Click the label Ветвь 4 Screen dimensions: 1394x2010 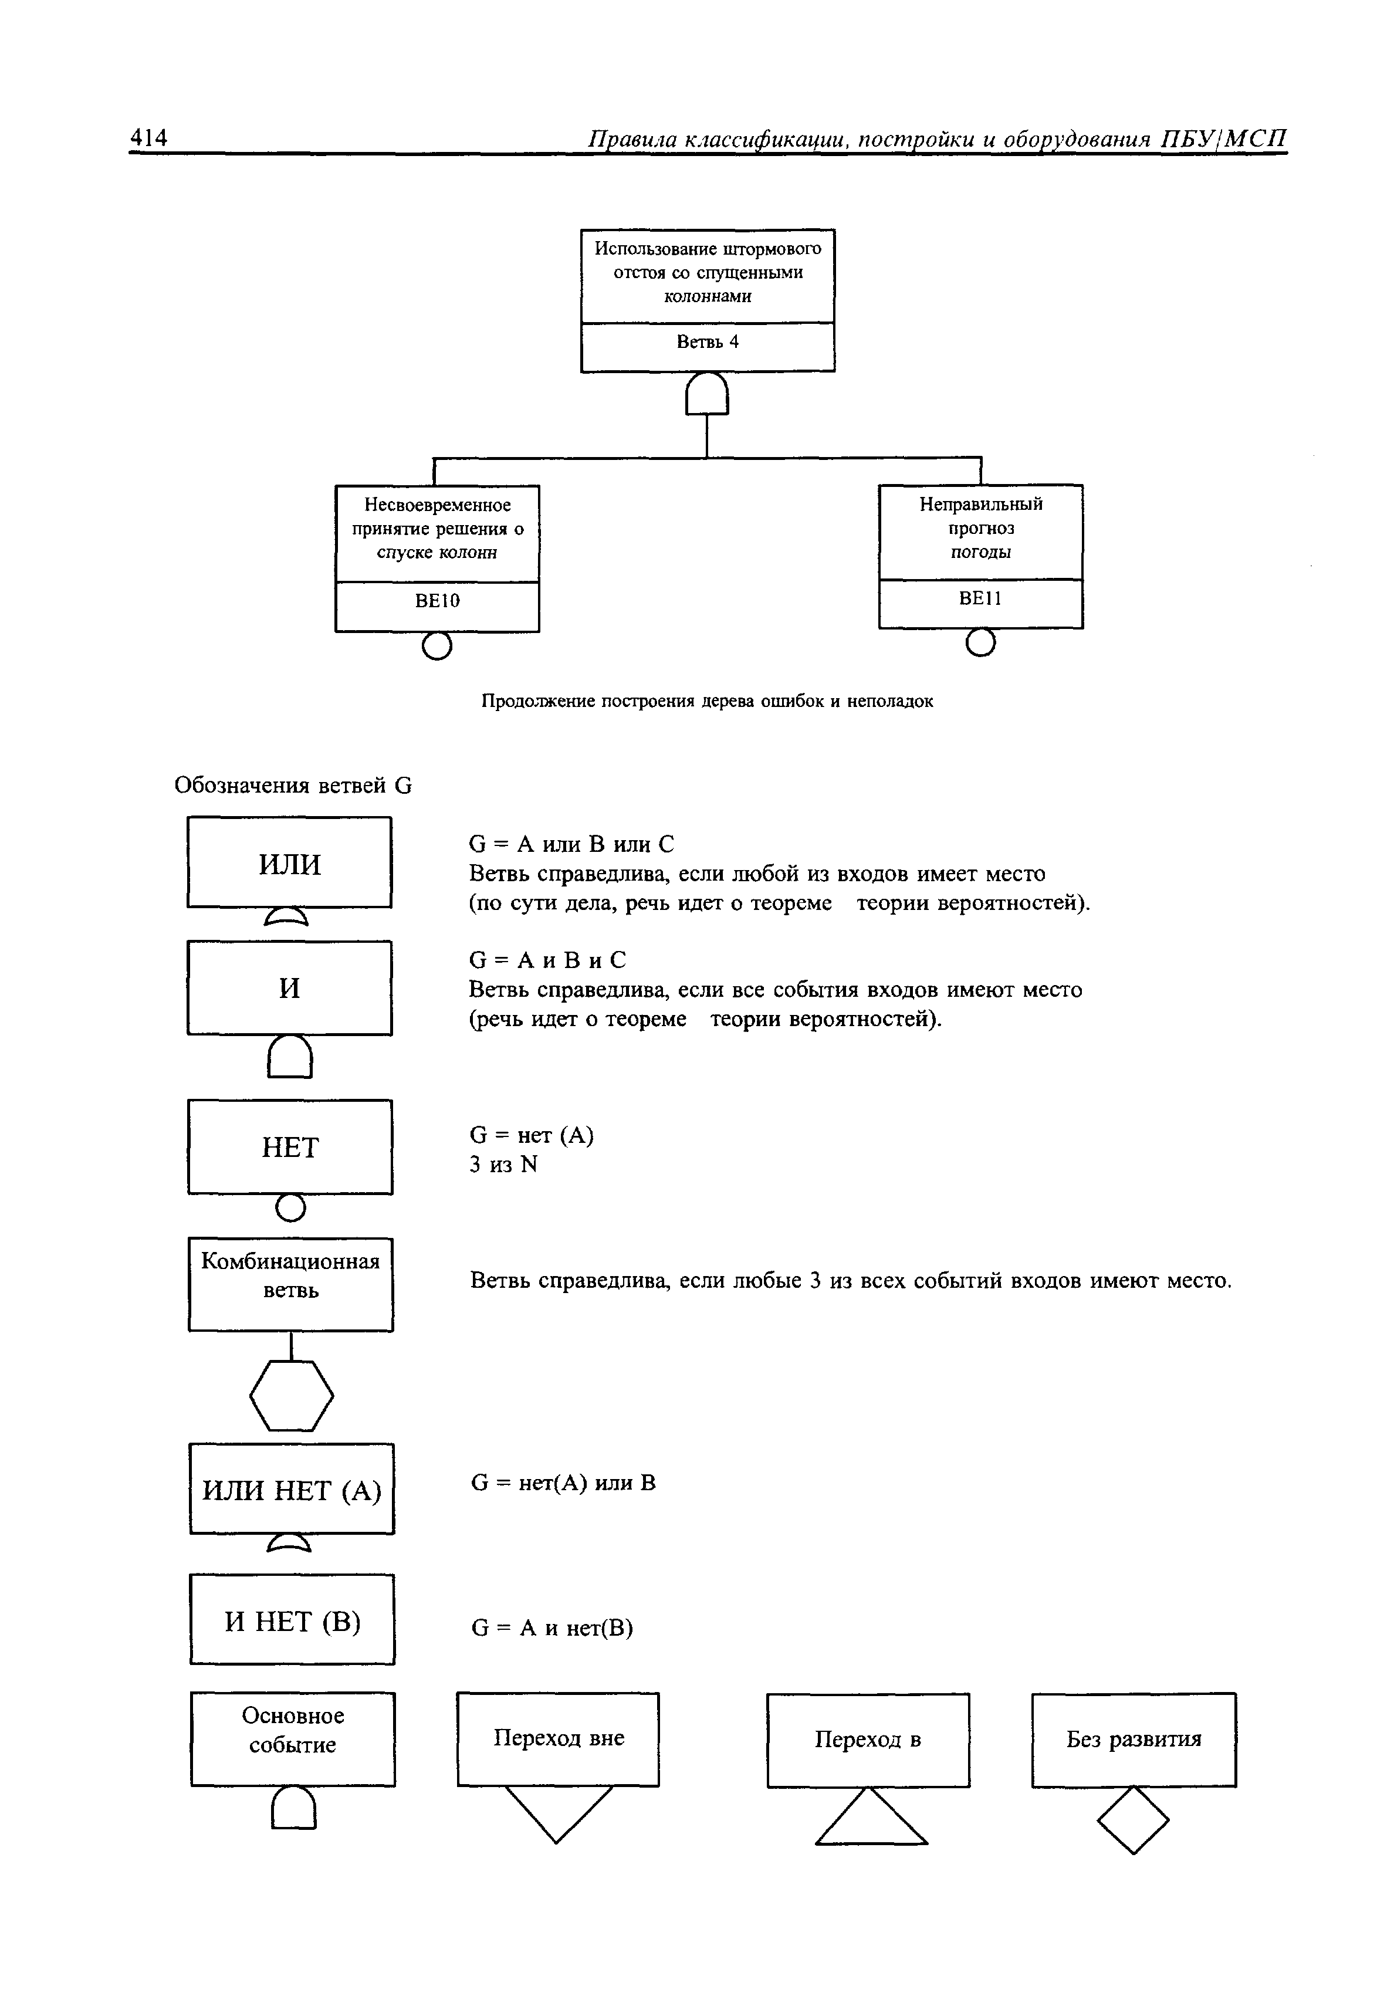coord(708,342)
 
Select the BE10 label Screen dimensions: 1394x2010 coord(438,601)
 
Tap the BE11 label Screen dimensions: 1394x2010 coord(980,598)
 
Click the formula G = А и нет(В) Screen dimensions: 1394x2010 coord(552,1627)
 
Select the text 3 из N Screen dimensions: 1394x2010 coord(503,1164)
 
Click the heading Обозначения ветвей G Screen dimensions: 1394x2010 coord(293,785)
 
